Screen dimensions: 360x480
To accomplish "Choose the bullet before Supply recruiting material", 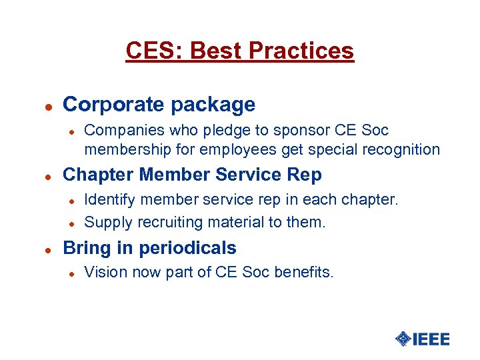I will [x=74, y=223].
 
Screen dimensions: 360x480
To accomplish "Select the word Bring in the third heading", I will [x=86, y=248].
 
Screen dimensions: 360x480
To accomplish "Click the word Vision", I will [x=103, y=272].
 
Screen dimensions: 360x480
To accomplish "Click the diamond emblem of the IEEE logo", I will [x=403, y=339].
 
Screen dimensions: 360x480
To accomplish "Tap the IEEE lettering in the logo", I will [x=431, y=339].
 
